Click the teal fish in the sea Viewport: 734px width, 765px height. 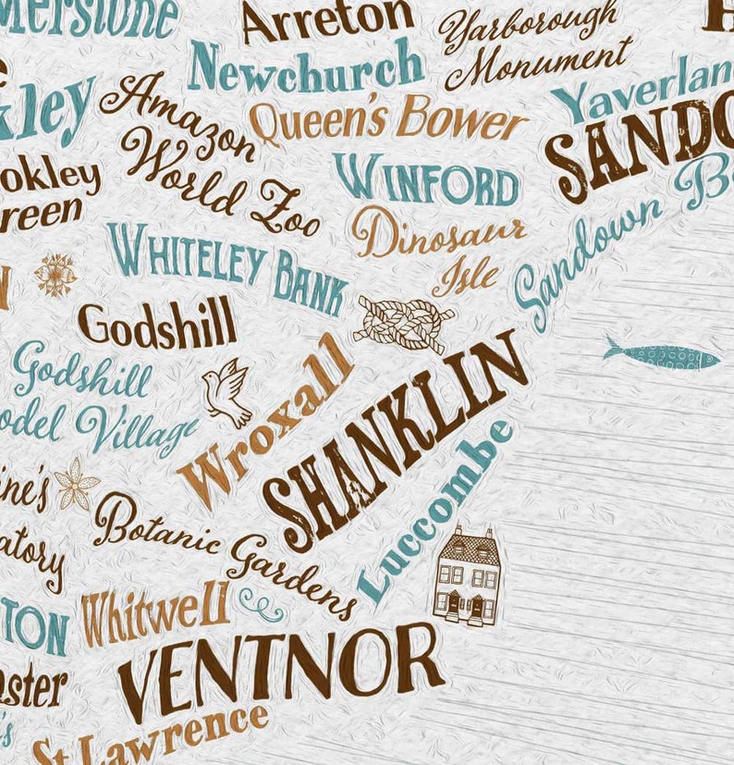[662, 356]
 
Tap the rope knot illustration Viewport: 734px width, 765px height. [404, 323]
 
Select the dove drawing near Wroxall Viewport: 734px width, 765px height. [226, 390]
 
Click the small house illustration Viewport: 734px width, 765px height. [468, 576]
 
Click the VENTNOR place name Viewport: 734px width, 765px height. [281, 668]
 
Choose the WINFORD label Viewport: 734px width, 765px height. [425, 180]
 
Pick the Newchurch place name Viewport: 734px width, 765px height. [305, 67]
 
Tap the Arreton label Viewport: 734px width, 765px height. [327, 20]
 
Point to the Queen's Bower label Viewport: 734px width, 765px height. [387, 120]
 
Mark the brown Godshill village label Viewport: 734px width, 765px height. [156, 325]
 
